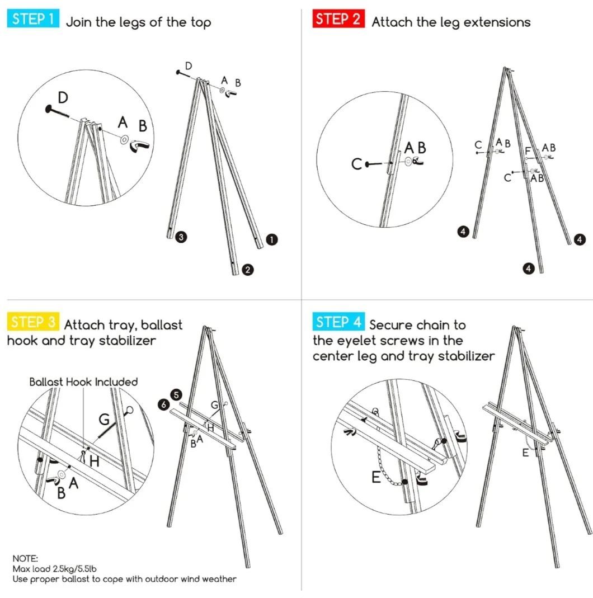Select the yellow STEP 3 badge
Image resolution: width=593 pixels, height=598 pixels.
click(33, 322)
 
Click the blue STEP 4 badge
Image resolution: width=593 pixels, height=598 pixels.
click(338, 322)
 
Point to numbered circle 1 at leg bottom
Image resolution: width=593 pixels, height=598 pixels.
click(271, 239)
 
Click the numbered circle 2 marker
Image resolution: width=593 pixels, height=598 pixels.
click(248, 270)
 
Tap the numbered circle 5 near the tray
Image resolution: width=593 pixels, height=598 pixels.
click(177, 395)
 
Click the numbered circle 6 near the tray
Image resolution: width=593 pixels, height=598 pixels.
click(164, 404)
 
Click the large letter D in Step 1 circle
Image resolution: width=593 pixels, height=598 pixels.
click(63, 98)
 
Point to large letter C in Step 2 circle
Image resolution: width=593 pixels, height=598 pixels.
click(357, 164)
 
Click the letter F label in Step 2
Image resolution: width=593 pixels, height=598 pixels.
click(528, 150)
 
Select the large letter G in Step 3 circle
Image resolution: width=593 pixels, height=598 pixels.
click(103, 419)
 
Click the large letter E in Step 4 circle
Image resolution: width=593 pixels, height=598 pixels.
click(376, 477)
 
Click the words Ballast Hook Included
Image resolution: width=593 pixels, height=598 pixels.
click(83, 382)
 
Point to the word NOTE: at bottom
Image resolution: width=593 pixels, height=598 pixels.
click(25, 558)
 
